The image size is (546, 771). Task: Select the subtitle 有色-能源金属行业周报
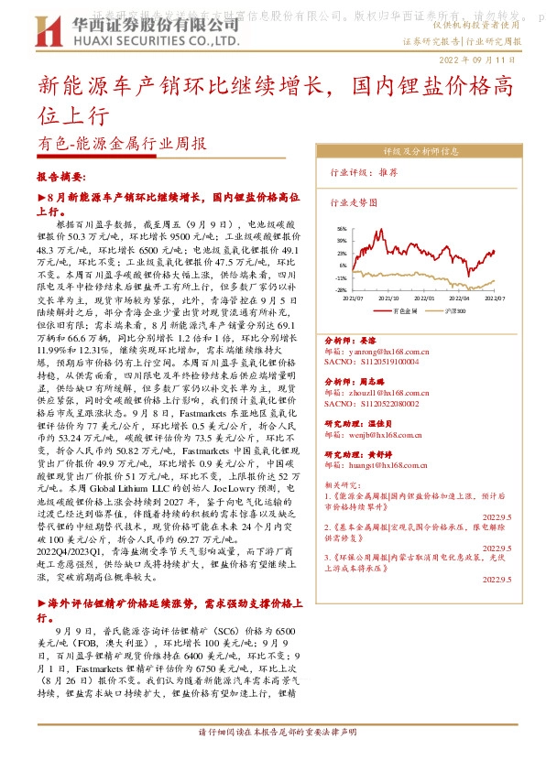pos(122,144)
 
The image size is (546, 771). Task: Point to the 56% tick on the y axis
pos(342,230)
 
